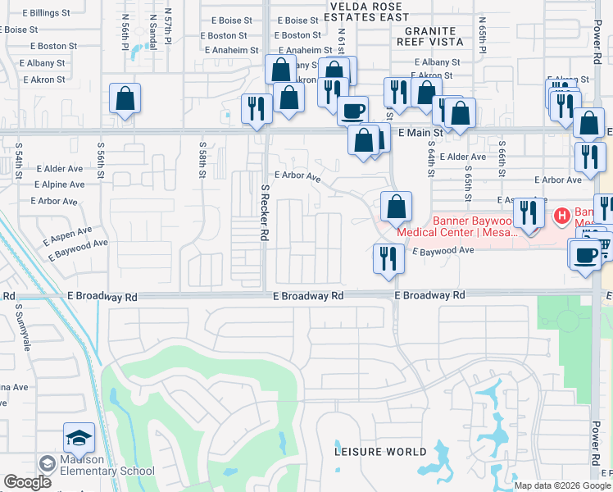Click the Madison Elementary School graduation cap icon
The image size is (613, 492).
79,439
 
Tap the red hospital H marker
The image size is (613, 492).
562,216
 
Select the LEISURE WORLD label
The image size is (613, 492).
380,452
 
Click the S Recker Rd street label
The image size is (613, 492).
266,213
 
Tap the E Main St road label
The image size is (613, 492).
420,131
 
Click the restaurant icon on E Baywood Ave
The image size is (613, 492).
388,258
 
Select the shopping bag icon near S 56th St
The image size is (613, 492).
125,98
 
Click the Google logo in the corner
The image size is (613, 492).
27,483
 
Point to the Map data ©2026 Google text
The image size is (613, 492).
562,485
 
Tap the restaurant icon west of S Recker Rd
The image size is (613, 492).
257,109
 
